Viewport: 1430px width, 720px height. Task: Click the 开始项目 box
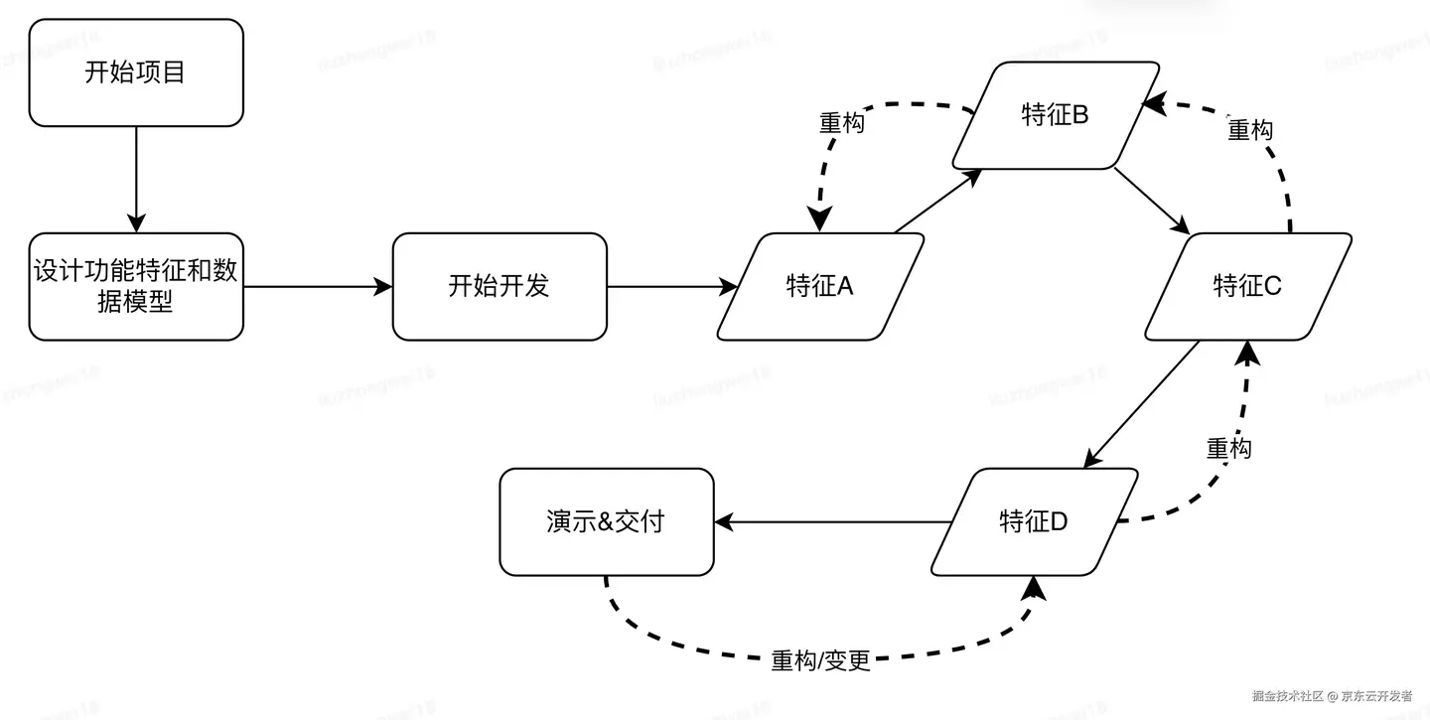point(136,72)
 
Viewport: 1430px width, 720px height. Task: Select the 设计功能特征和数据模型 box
point(136,287)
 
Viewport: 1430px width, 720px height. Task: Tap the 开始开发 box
point(500,287)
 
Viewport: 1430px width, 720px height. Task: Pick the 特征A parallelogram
point(820,287)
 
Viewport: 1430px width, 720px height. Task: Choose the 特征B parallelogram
point(1056,115)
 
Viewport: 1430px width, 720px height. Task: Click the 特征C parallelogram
point(1248,287)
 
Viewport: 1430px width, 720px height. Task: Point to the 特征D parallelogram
point(1034,521)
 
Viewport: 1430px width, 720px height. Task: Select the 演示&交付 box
point(606,521)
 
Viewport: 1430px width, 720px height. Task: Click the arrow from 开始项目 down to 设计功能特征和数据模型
point(136,179)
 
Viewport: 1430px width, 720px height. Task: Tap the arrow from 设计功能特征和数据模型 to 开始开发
point(318,287)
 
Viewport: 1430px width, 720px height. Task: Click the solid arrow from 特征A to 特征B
point(937,202)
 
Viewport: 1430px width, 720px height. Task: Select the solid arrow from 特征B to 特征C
point(1152,201)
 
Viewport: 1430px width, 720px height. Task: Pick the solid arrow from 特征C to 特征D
point(1141,404)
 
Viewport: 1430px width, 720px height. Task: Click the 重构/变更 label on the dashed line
point(820,660)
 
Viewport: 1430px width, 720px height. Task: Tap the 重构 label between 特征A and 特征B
point(841,123)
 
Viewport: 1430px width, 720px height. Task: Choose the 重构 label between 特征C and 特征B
point(1250,130)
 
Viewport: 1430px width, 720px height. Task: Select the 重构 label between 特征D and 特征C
point(1228,448)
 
